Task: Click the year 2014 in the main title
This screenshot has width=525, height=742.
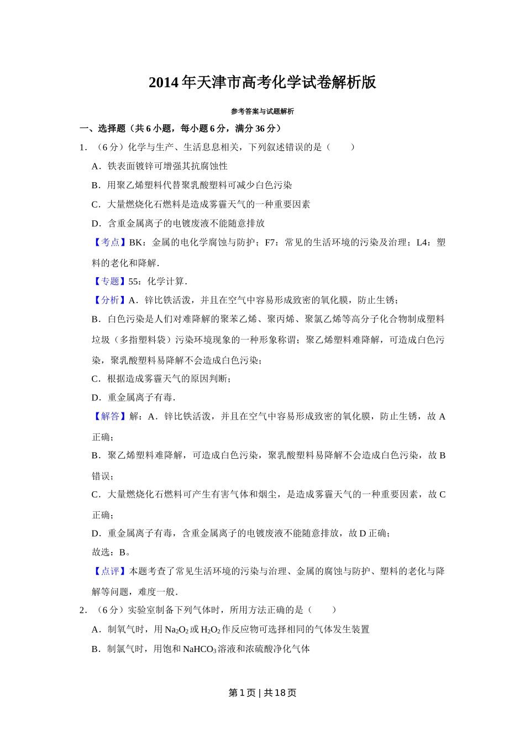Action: pos(164,83)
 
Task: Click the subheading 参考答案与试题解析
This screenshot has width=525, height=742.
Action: pos(262,112)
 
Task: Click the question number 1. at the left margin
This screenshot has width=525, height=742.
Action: pos(83,147)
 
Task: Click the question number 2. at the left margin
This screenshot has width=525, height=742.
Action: pos(83,610)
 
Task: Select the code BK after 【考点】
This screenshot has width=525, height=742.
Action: pos(135,242)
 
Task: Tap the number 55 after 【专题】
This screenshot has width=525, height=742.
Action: pos(133,282)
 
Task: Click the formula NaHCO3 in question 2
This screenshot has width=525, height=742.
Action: pos(200,649)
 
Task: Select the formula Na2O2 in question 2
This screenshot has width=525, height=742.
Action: pos(176,630)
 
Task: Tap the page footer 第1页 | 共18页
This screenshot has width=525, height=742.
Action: pos(262,693)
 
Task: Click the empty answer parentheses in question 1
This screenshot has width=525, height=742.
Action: pos(340,147)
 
